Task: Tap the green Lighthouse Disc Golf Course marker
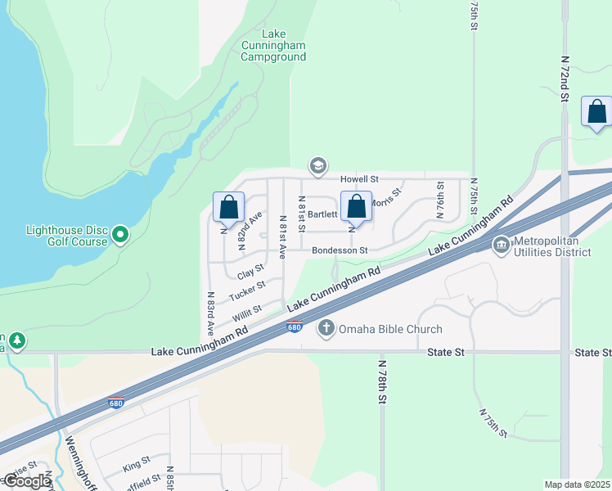click(120, 236)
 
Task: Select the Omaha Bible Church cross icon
click(326, 329)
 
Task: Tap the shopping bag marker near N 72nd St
click(596, 111)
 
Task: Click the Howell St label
click(360, 178)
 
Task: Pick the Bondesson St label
click(340, 250)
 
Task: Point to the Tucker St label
click(247, 290)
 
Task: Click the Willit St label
click(245, 312)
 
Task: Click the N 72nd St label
click(565, 79)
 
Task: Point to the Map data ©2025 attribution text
click(577, 484)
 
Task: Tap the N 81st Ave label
click(283, 237)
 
